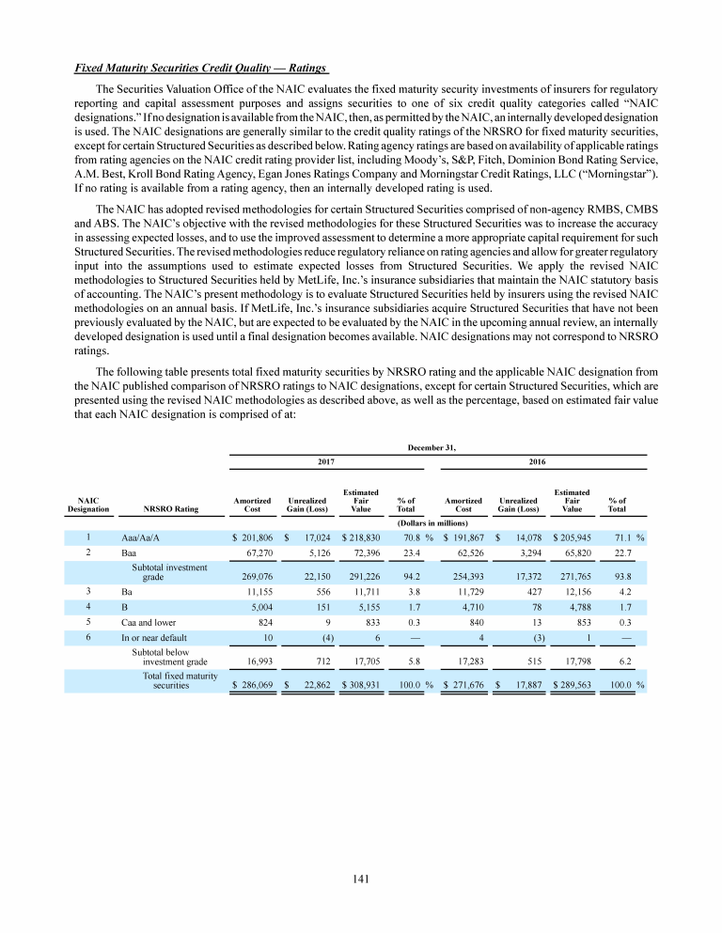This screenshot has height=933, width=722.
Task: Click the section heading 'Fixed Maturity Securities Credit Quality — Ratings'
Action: [201, 69]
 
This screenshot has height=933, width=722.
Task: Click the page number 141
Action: [361, 879]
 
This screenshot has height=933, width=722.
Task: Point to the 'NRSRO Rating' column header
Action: [171, 509]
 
